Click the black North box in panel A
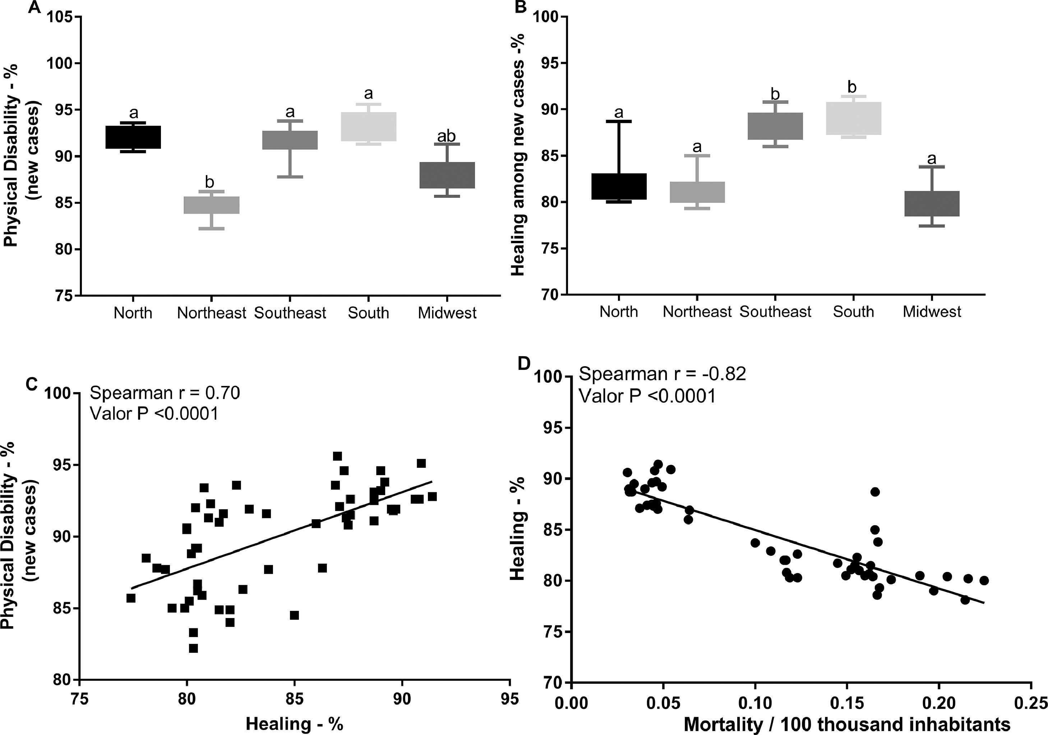pos(133,137)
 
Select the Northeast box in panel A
pos(211,205)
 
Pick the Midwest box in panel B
pos(932,204)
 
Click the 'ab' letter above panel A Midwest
pos(447,136)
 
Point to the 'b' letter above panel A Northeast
pos(209,182)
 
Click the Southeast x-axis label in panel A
pos(290,313)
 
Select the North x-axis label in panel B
pos(618,312)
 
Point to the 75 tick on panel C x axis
pos(79,699)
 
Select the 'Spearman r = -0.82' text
pos(662,374)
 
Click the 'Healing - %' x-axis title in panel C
pos(294,724)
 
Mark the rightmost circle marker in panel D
pos(984,580)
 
